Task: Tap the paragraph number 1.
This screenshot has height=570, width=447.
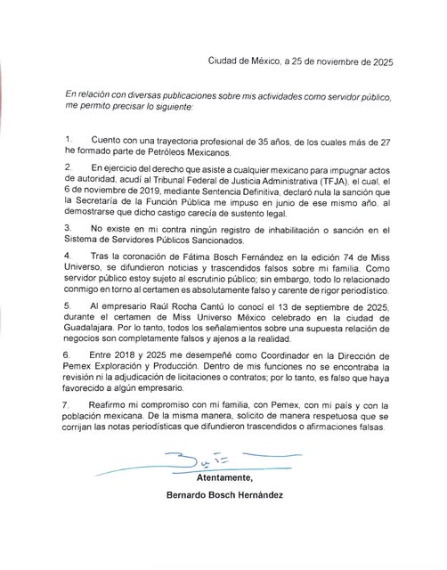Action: [x=69, y=140]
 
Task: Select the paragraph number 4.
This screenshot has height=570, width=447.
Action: [x=69, y=256]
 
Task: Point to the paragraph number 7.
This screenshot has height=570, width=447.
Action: [x=69, y=404]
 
